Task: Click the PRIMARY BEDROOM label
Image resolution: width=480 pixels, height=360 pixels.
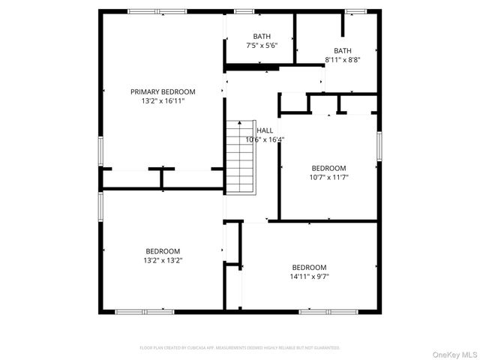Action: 163,91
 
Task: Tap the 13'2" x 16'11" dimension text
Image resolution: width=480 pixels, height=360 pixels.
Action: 163,100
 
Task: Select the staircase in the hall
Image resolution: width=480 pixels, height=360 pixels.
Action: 240,157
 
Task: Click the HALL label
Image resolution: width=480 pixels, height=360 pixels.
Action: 265,130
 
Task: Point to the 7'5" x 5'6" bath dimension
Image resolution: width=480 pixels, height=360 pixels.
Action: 262,46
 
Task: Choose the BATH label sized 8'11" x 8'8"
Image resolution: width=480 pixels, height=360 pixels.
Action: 343,51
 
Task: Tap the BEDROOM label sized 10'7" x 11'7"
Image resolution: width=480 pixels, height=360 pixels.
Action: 329,168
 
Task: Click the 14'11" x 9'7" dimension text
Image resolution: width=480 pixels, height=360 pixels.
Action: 310,277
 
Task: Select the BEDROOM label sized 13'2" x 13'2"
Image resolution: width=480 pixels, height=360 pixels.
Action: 163,251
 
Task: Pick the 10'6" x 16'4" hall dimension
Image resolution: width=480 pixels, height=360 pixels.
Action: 265,139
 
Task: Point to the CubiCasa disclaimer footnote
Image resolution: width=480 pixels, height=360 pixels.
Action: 240,348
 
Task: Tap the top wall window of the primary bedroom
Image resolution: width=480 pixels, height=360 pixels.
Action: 157,11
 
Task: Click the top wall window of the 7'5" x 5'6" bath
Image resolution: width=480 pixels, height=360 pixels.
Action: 244,11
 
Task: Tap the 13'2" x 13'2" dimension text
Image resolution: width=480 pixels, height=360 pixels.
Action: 163,260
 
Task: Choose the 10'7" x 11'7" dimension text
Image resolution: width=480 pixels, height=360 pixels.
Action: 329,177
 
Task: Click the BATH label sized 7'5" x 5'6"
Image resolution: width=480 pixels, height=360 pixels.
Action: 262,36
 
